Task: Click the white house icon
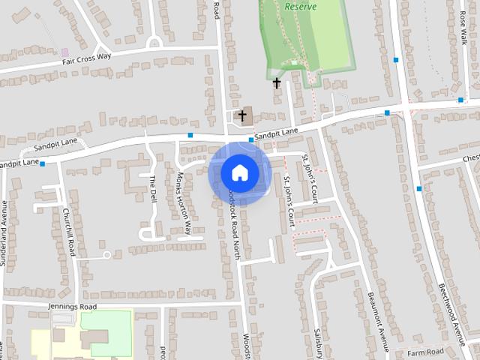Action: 239,173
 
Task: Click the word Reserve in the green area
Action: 300,6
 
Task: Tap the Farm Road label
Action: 425,352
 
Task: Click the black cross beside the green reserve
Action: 277,82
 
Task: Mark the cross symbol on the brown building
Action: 242,116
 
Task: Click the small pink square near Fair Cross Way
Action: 64,52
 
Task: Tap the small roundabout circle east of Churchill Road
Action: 107,256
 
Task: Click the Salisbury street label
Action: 317,341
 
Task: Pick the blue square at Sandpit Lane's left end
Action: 43,163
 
